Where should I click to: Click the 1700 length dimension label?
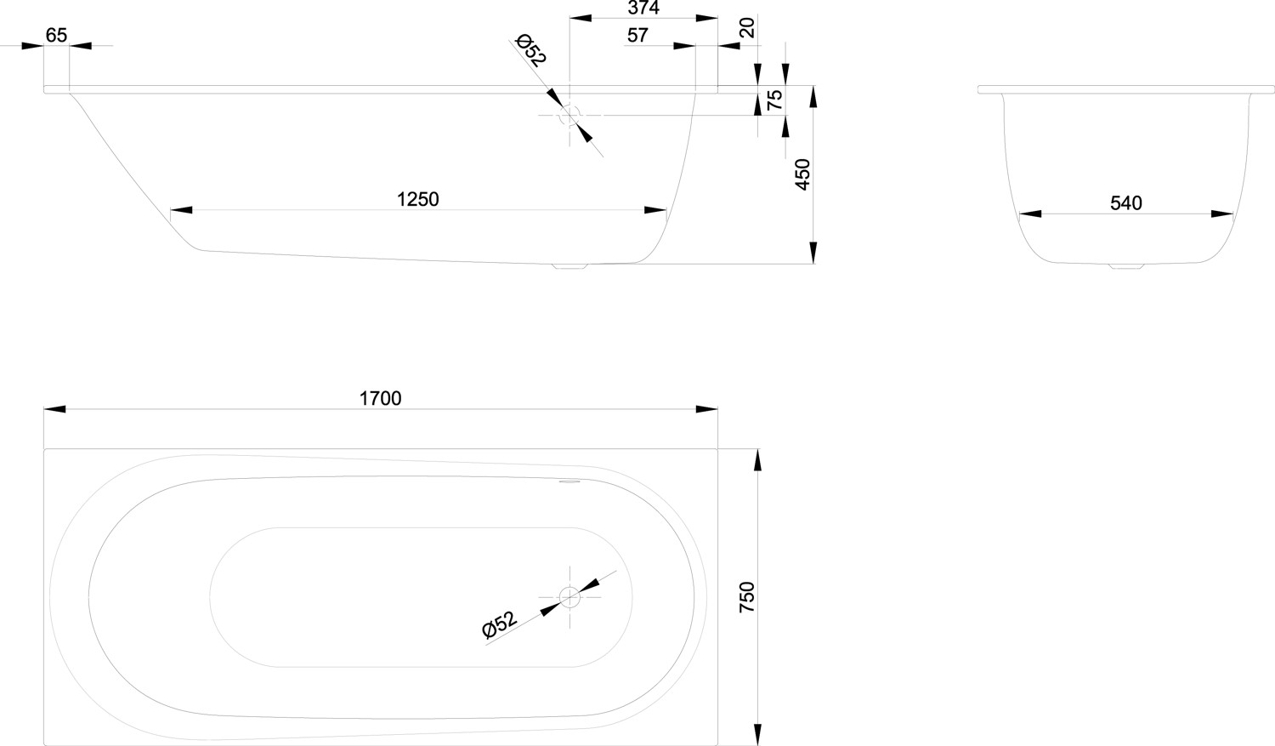click(x=380, y=398)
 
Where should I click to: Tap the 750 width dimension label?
click(x=746, y=597)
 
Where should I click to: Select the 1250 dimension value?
click(x=418, y=199)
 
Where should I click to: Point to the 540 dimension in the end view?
click(x=1126, y=203)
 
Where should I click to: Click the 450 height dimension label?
click(x=802, y=174)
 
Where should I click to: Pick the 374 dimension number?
click(x=643, y=8)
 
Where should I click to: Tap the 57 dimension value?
click(x=637, y=35)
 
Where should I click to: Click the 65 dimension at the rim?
click(x=56, y=35)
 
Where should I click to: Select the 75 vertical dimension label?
click(x=774, y=100)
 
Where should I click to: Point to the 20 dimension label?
click(x=747, y=28)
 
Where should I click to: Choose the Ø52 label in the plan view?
click(x=500, y=625)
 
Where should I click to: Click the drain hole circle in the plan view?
click(x=569, y=598)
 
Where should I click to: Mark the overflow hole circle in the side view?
click(x=569, y=115)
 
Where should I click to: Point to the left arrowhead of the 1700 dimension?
click(x=54, y=409)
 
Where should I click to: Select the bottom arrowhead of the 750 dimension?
click(x=757, y=734)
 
